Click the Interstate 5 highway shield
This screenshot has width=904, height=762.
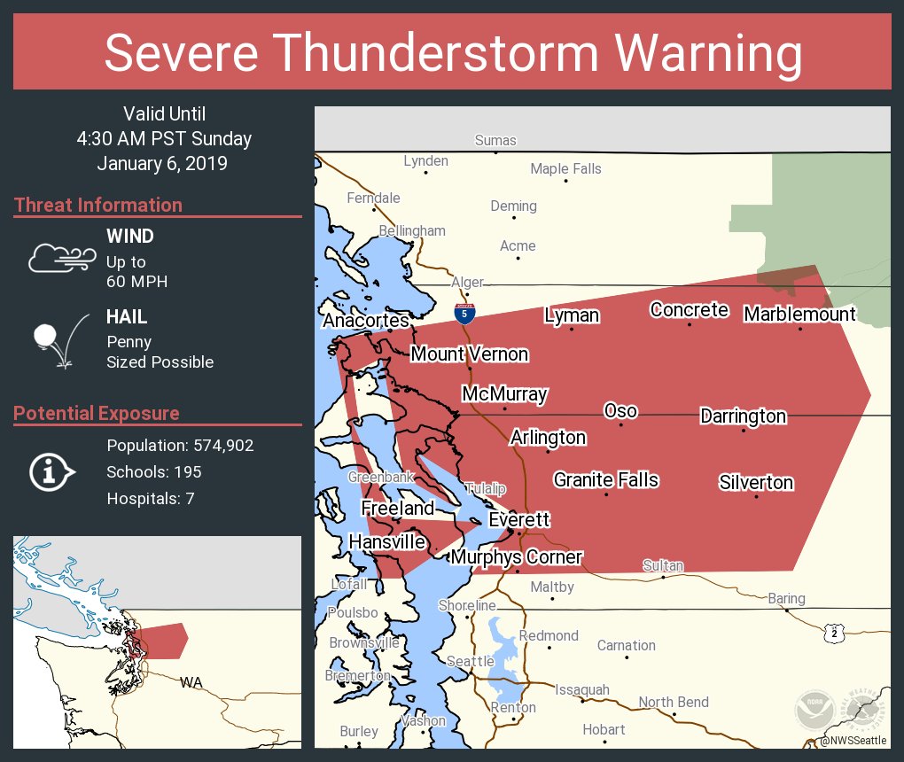464,312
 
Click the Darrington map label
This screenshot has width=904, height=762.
743,416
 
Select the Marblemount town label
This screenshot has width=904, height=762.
799,314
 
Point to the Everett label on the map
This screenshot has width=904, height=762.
519,519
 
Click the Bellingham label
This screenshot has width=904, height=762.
412,230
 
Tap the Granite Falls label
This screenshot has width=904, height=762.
606,479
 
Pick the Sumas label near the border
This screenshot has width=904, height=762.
495,140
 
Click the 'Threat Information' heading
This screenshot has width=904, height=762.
98,205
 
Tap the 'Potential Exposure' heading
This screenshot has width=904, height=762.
97,413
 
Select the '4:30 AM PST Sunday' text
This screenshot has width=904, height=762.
164,138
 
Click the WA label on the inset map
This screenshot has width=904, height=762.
191,682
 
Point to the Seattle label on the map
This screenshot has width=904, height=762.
470,661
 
